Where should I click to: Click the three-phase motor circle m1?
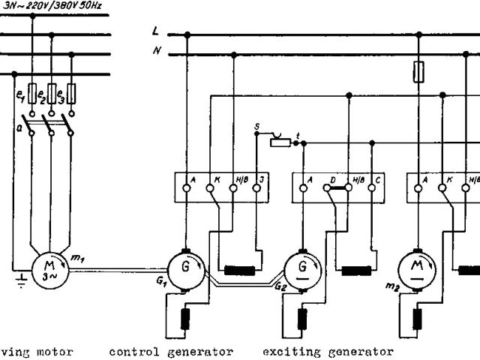pyautogui.click(x=48, y=268)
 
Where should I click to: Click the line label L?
pyautogui.click(x=155, y=32)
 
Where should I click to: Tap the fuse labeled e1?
pyautogui.click(x=32, y=93)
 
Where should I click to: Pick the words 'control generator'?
pyautogui.click(x=171, y=351)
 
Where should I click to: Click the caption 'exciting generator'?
pyautogui.click(x=328, y=351)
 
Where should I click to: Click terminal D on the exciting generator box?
pyautogui.click(x=327, y=188)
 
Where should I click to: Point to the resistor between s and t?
pyautogui.click(x=280, y=142)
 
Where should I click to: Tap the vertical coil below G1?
pyautogui.click(x=186, y=318)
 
